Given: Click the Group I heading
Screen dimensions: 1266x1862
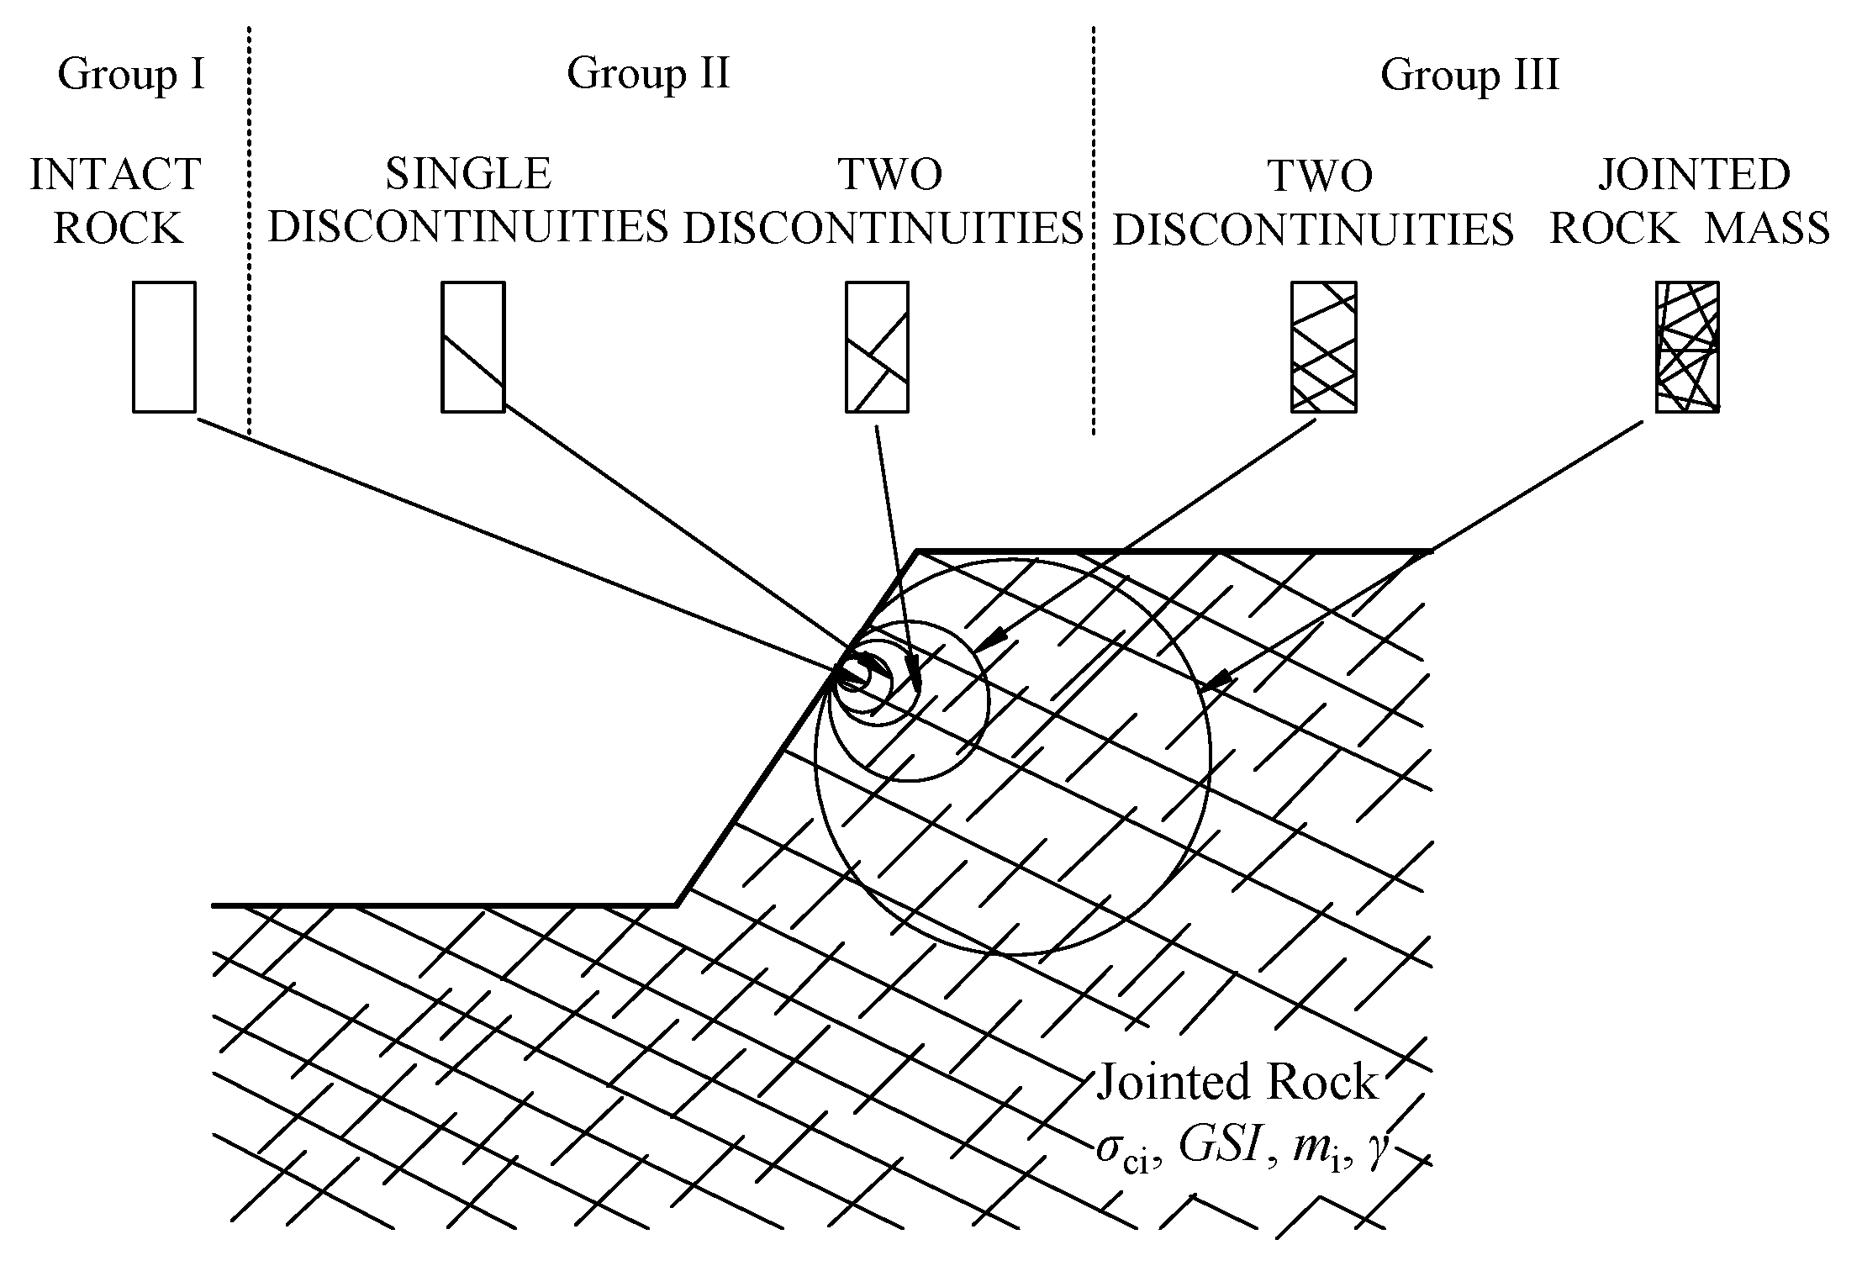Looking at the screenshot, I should pyautogui.click(x=131, y=75).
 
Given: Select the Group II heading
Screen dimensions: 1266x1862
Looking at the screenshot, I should pyautogui.click(x=648, y=73).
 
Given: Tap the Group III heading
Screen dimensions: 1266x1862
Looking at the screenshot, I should pyautogui.click(x=1469, y=75).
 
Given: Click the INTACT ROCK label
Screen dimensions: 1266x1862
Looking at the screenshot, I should pyautogui.click(x=116, y=202).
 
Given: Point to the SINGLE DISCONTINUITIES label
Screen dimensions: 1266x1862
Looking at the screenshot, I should pyautogui.click(x=468, y=202).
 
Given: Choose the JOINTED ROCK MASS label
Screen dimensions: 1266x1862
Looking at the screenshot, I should pyautogui.click(x=1690, y=202).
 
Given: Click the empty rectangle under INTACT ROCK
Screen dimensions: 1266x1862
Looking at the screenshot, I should pyautogui.click(x=165, y=347).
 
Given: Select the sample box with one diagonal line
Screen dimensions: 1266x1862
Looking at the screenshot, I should pyautogui.click(x=473, y=347).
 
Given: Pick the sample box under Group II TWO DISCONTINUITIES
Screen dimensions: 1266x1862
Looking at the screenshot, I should pyautogui.click(x=877, y=347).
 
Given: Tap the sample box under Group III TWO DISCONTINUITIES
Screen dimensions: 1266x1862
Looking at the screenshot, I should pyautogui.click(x=1324, y=347).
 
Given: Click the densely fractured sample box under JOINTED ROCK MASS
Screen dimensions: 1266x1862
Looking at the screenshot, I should pyautogui.click(x=1687, y=347).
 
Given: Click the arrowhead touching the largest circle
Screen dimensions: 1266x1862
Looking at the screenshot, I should pyautogui.click(x=1219, y=679).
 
